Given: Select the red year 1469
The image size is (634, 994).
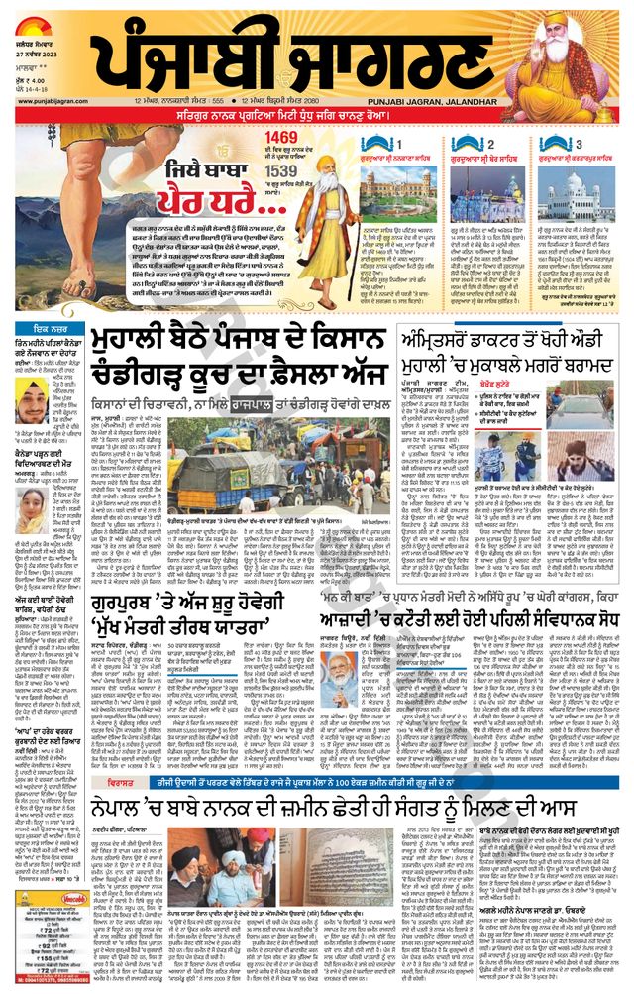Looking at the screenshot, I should (281, 135).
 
